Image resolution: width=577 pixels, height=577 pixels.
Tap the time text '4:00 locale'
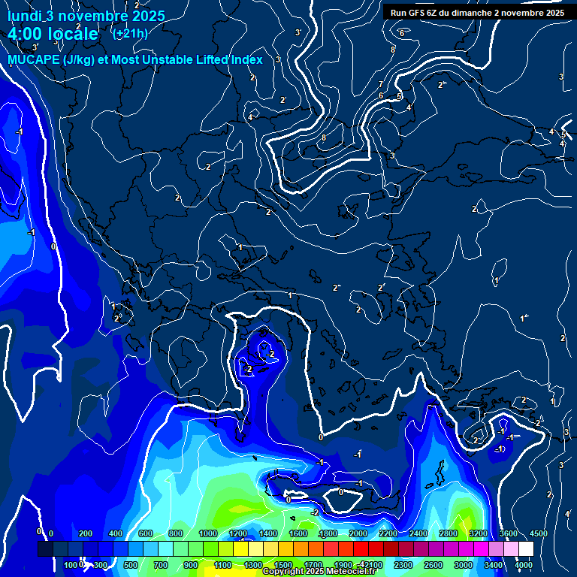(53, 34)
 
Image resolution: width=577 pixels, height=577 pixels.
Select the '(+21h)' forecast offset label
(129, 33)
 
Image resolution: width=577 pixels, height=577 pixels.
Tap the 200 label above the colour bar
(85, 534)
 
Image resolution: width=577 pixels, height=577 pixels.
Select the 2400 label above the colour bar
(418, 534)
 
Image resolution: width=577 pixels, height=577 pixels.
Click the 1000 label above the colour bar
(208, 534)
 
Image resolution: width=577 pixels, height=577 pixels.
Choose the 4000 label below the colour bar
(524, 565)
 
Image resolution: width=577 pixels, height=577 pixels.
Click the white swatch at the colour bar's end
(526, 549)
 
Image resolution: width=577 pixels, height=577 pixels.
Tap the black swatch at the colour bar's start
(45, 549)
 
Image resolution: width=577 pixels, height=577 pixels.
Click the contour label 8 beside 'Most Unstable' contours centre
(324, 137)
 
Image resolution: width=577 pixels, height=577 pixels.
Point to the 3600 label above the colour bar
(509, 534)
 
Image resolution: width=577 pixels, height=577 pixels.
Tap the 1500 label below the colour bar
(283, 565)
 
